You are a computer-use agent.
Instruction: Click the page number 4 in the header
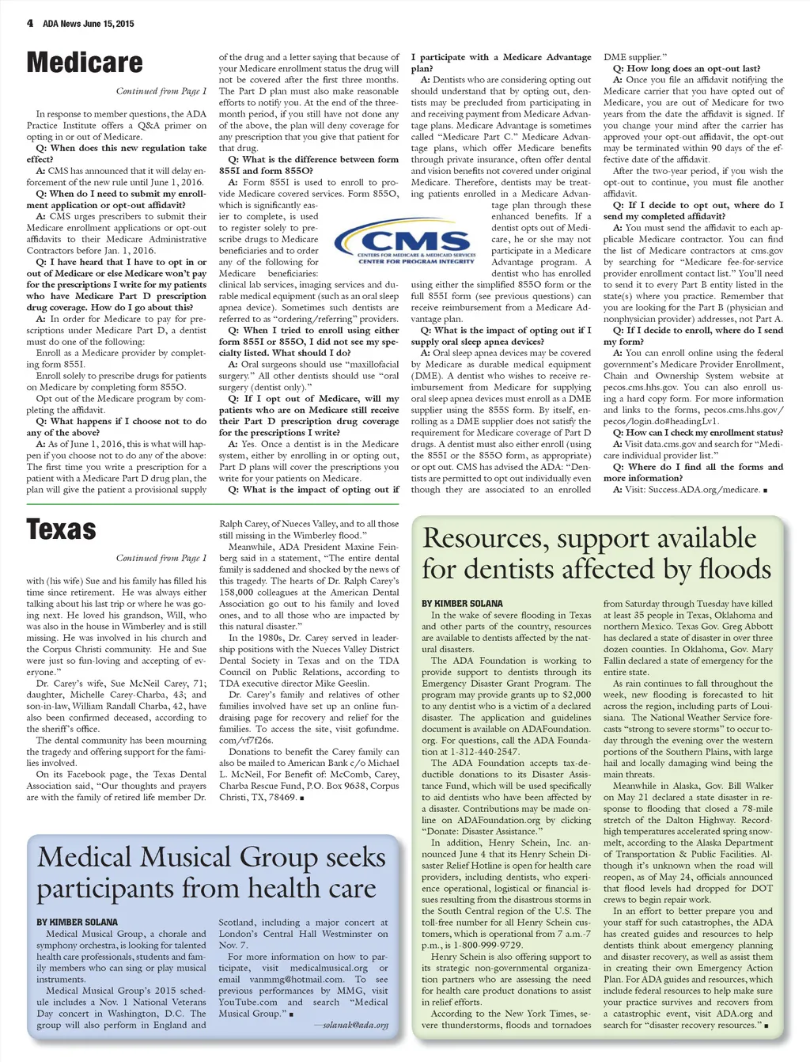pos(30,23)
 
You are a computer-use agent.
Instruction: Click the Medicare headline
pos(85,63)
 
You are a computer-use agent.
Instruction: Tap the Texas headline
pos(61,529)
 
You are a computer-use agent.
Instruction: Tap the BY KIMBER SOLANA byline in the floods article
pos(462,603)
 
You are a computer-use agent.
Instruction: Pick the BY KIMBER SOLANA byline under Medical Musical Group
pos(77,922)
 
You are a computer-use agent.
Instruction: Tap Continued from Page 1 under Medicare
pos(161,91)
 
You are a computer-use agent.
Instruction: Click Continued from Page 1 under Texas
pos(161,558)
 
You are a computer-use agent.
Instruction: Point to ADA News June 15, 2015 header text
pos(88,24)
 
